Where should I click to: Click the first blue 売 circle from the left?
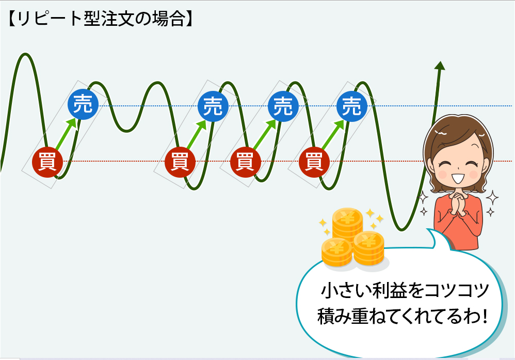pyautogui.click(x=83, y=104)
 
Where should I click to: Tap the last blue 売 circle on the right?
pyautogui.click(x=352, y=106)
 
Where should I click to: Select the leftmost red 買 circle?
pyautogui.click(x=47, y=162)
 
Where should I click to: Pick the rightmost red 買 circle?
pyautogui.click(x=314, y=162)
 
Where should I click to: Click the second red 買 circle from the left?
pyautogui.click(x=180, y=162)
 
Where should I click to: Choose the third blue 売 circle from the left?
pyautogui.click(x=283, y=106)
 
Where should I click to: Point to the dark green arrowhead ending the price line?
pyautogui.click(x=440, y=66)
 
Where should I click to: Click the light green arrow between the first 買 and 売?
pyautogui.click(x=66, y=134)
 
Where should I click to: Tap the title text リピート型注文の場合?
pyautogui.click(x=101, y=19)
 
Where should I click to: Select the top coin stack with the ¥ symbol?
pyautogui.click(x=347, y=224)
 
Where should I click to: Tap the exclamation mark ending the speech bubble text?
pyautogui.click(x=485, y=316)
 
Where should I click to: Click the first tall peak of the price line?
pyautogui.click(x=25, y=54)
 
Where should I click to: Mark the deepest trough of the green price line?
pyautogui.click(x=401, y=229)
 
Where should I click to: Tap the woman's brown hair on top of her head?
pyautogui.click(x=457, y=127)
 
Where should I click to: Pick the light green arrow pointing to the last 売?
pyautogui.click(x=333, y=135)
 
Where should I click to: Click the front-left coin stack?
pyautogui.click(x=336, y=252)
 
